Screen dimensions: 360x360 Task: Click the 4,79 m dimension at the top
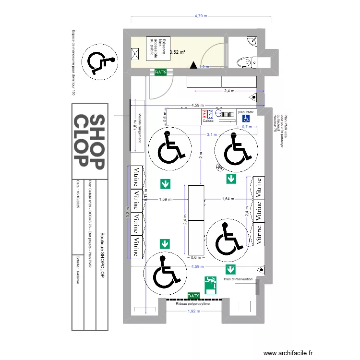pyautogui.click(x=201, y=16)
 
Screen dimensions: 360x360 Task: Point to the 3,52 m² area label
pyautogui.click(x=178, y=52)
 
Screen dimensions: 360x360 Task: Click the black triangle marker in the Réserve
pyautogui.click(x=193, y=65)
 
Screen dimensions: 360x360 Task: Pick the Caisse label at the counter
pyautogui.click(x=208, y=121)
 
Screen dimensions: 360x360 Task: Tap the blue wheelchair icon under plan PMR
pyautogui.click(x=246, y=118)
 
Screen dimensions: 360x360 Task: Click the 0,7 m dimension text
pyautogui.click(x=247, y=127)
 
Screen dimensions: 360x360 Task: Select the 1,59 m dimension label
pyautogui.click(x=165, y=199)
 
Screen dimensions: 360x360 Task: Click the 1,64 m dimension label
pyautogui.click(x=228, y=199)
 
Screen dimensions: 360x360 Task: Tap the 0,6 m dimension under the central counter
pyautogui.click(x=195, y=258)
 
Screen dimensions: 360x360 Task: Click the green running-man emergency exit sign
pyautogui.click(x=210, y=285)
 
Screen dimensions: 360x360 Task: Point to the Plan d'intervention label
pyautogui.click(x=238, y=278)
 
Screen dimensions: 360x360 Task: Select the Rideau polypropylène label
pyautogui.click(x=193, y=304)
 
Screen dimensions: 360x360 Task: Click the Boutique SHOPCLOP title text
pyautogui.click(x=101, y=255)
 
